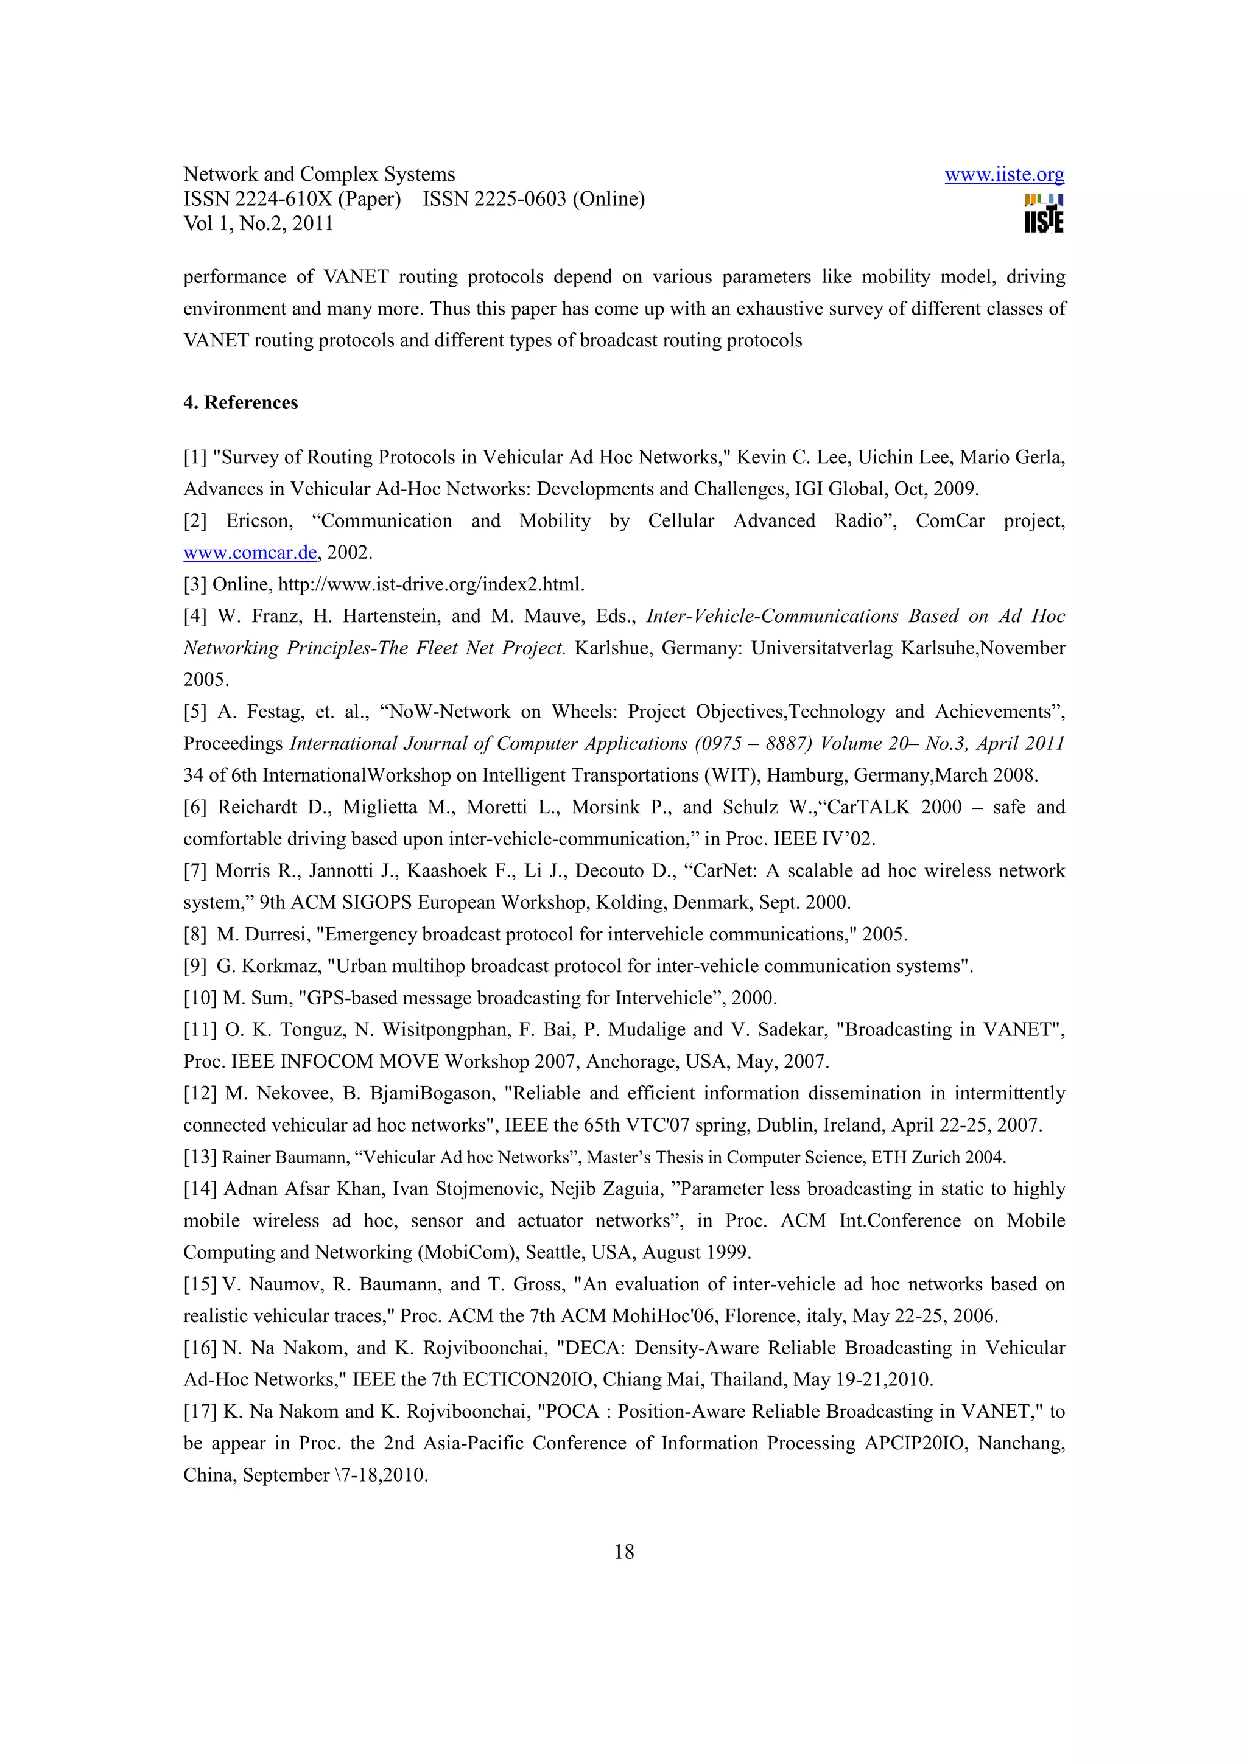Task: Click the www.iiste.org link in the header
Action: coord(1003,175)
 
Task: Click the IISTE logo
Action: coord(1044,214)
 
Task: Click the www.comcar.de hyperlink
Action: coord(250,553)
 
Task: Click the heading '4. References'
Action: coord(241,402)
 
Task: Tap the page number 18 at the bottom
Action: coord(624,1552)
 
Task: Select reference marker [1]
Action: coord(195,457)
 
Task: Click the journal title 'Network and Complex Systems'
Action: coord(319,175)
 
